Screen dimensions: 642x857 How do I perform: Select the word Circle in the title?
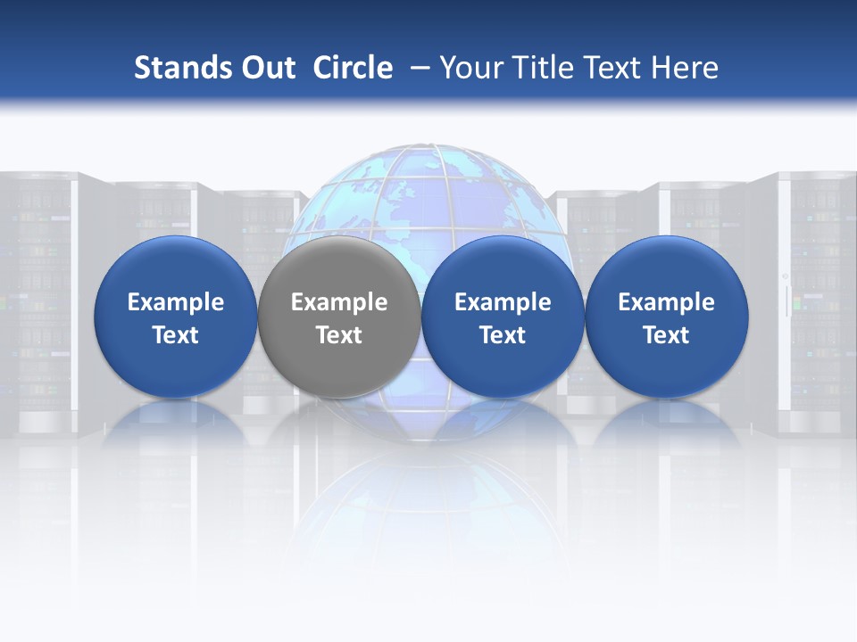[x=353, y=68]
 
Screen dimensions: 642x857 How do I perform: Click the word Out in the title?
[x=265, y=68]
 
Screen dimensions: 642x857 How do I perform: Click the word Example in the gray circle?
[x=339, y=302]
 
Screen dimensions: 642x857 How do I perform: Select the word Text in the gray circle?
[x=339, y=335]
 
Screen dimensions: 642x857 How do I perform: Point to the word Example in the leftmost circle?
[x=176, y=302]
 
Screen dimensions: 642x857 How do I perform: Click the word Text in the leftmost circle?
[x=176, y=335]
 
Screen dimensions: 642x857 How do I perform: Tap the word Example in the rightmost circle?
[x=667, y=302]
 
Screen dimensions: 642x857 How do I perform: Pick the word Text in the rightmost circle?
[x=667, y=335]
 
